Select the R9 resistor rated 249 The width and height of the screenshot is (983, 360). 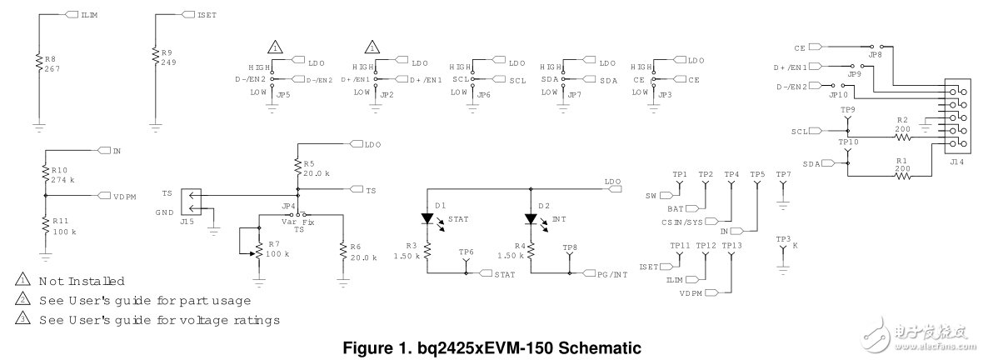[x=155, y=56]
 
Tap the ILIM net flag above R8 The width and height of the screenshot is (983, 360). [x=70, y=15]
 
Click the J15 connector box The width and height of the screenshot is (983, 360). [x=191, y=202]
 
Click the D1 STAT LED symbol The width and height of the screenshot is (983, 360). [x=428, y=219]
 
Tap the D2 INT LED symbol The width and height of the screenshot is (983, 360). [x=530, y=219]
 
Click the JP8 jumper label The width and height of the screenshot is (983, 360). [x=874, y=53]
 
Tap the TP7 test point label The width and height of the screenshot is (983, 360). [x=782, y=174]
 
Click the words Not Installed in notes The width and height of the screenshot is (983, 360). [x=82, y=281]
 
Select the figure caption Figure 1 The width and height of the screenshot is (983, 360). [x=491, y=347]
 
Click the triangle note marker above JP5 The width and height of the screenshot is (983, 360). [x=275, y=47]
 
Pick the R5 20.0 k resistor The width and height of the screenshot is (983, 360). [x=297, y=169]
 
